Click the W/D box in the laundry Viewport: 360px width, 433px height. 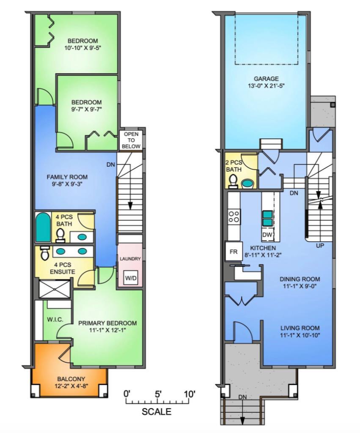click(130, 278)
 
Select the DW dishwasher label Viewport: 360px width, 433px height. click(267, 235)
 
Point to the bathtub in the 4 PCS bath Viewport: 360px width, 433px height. click(43, 227)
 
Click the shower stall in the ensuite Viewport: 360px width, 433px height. click(51, 289)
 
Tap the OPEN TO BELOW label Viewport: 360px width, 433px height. click(131, 140)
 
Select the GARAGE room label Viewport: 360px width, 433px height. click(266, 79)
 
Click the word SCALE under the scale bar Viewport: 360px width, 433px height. click(157, 412)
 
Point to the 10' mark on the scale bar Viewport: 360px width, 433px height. click(190, 394)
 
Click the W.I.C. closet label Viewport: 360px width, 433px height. click(55, 319)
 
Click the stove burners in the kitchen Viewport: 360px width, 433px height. click(234, 217)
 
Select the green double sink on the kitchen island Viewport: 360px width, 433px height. click(267, 218)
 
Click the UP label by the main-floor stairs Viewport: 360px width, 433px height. click(320, 245)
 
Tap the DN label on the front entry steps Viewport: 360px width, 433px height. click(243, 397)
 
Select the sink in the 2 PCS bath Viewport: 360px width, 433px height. click(247, 184)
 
